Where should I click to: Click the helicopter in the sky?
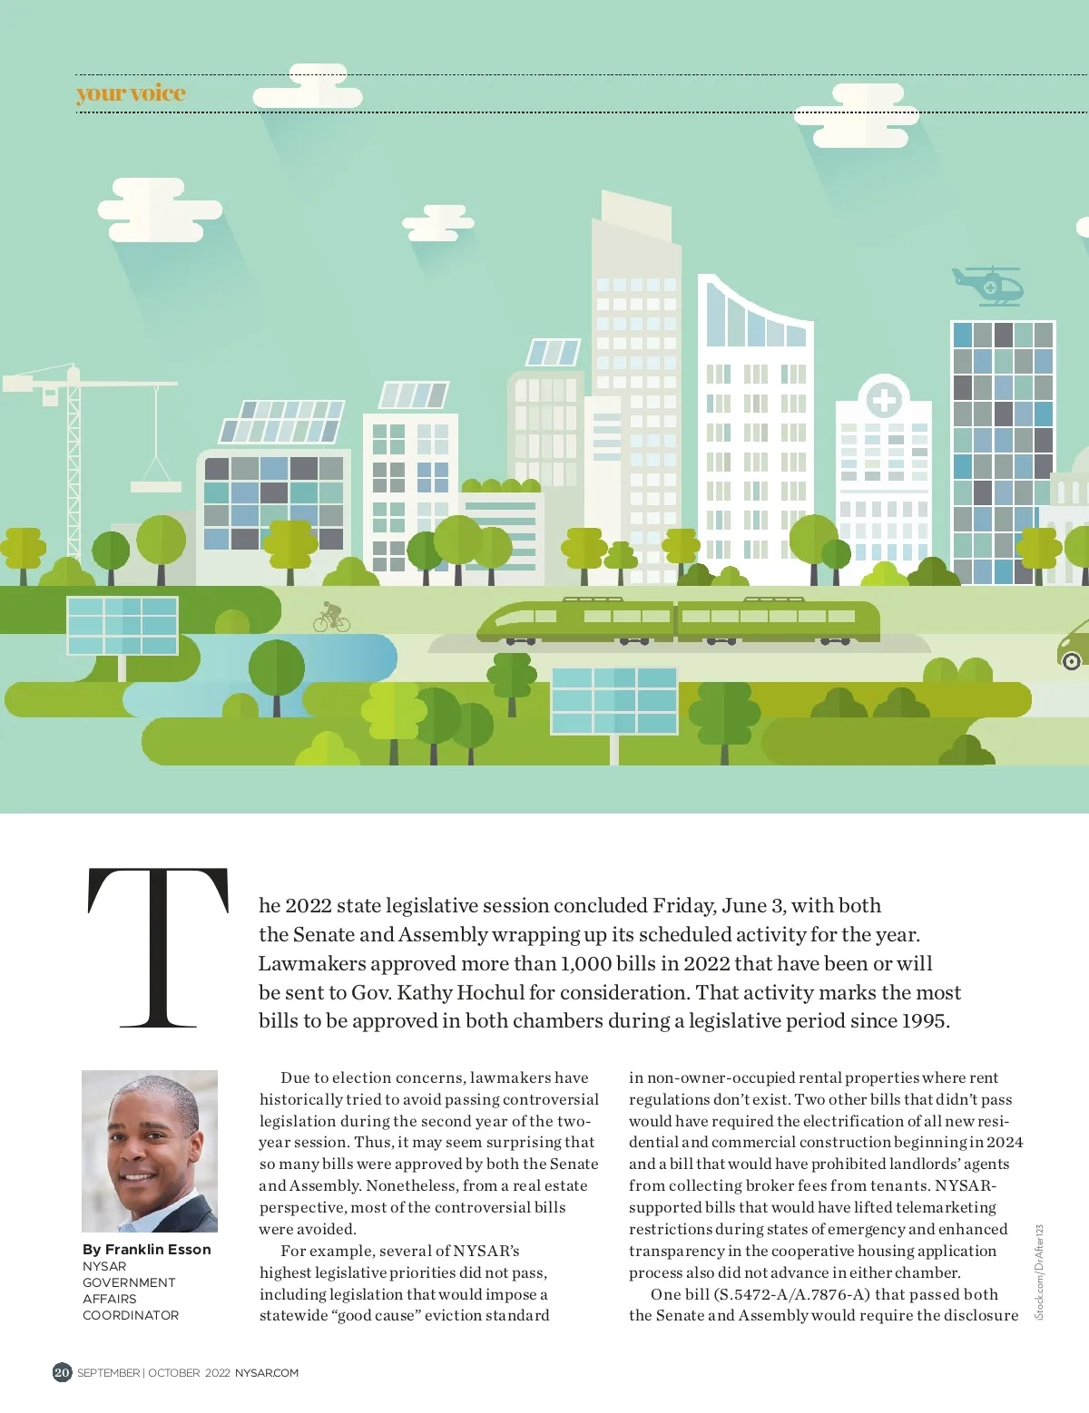click(x=988, y=286)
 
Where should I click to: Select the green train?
click(x=678, y=621)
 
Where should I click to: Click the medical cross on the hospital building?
click(x=883, y=399)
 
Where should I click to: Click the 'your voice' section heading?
click(x=131, y=93)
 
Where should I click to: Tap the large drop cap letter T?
click(x=158, y=947)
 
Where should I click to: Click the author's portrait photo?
click(x=150, y=1151)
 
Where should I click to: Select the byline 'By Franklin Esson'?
click(x=147, y=1249)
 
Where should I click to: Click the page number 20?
click(x=62, y=1372)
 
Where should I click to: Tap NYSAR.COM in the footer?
click(x=267, y=1373)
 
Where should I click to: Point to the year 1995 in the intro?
click(x=924, y=1021)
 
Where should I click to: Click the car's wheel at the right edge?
click(x=1072, y=660)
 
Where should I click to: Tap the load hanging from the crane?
click(x=156, y=486)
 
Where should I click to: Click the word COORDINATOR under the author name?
click(x=131, y=1315)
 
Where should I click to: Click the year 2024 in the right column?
click(x=1005, y=1143)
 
